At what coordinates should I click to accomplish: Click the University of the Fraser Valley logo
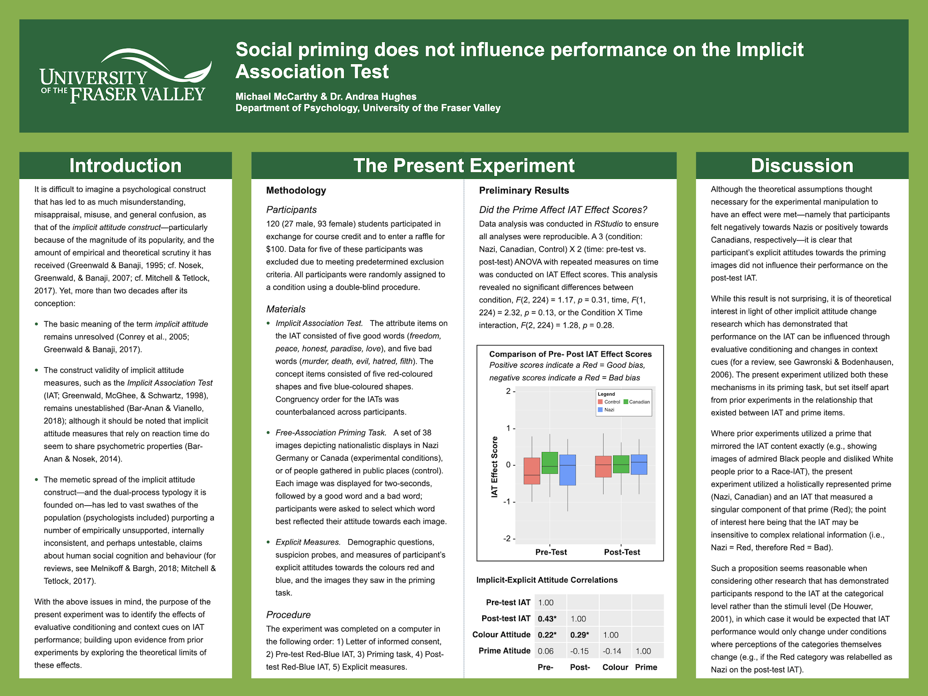[125, 77]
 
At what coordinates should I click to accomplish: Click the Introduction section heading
[125, 165]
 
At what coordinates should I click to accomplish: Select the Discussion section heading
[802, 165]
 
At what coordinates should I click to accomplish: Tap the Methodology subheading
[296, 190]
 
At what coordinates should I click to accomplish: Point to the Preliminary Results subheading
[524, 190]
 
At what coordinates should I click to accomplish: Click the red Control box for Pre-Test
[532, 471]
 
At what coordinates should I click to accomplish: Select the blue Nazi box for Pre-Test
[568, 470]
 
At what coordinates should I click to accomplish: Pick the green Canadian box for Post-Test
[621, 464]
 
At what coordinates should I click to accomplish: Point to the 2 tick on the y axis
[508, 391]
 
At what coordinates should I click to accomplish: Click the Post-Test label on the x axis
[622, 552]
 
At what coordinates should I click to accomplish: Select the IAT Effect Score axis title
[495, 467]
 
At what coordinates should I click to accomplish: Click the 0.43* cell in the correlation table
[547, 619]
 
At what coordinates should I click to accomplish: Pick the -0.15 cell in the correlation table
[579, 651]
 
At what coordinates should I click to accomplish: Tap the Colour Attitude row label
[501, 635]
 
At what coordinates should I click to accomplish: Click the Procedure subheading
[288, 614]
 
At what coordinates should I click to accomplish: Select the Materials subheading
[286, 309]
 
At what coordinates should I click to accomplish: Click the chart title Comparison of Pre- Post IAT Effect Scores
[570, 354]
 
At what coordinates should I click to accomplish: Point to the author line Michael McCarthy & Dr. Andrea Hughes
[326, 97]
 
